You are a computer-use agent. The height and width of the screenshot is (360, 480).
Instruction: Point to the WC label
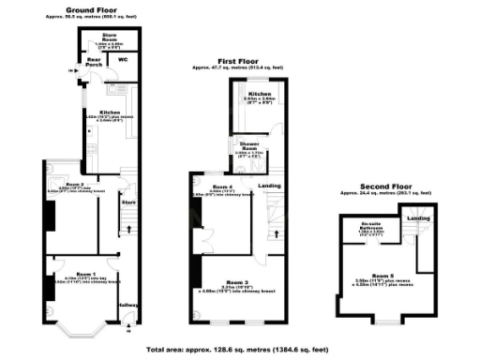point(123,60)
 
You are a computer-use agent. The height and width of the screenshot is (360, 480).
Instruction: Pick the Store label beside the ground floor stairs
point(128,200)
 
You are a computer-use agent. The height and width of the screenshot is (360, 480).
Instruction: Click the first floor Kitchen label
point(259,95)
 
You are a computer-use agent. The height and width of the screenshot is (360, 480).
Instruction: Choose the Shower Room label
point(248,145)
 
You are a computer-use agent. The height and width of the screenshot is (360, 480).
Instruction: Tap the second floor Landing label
point(413,218)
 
